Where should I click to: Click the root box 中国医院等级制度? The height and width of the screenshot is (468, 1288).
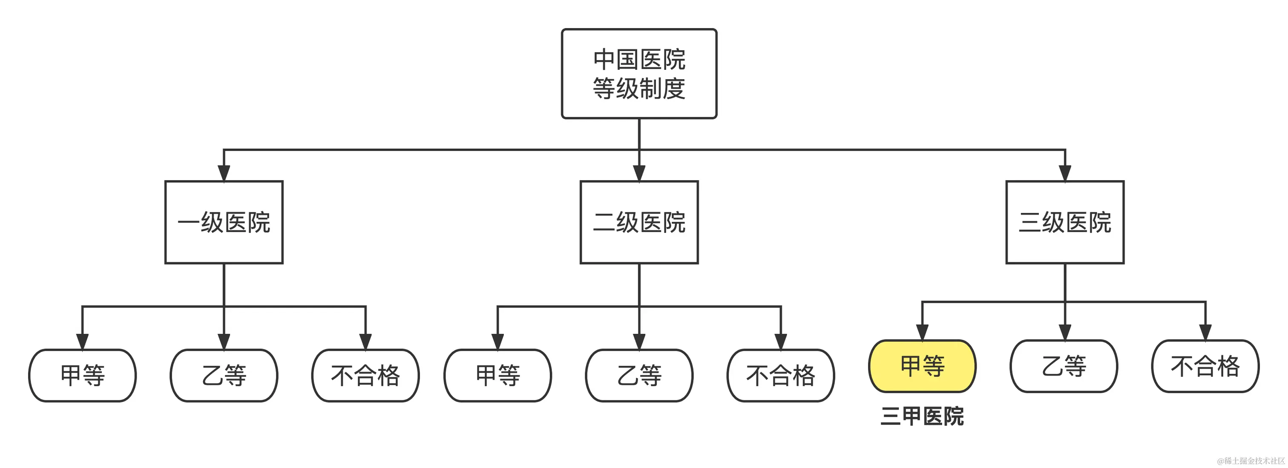click(x=639, y=74)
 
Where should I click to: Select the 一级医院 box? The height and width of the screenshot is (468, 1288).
click(x=224, y=222)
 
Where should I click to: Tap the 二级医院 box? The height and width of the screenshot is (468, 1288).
click(x=639, y=222)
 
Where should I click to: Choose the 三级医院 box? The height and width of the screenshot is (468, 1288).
click(x=1065, y=222)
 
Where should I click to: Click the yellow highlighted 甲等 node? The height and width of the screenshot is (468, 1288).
click(x=922, y=366)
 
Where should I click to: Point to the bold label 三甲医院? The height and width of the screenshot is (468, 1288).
click(x=922, y=416)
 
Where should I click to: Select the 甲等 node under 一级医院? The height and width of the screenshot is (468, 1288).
click(x=83, y=376)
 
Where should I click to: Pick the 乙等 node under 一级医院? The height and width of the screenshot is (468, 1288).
click(x=224, y=376)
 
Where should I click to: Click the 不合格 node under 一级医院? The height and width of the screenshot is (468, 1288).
click(x=365, y=376)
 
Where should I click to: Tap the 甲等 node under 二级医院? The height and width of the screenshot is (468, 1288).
click(x=497, y=376)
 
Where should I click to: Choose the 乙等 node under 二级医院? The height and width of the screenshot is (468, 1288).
click(x=639, y=376)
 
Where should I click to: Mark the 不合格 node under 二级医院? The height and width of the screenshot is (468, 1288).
click(x=780, y=376)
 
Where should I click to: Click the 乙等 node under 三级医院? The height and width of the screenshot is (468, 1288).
click(x=1064, y=366)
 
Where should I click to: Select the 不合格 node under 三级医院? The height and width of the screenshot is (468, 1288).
click(x=1205, y=366)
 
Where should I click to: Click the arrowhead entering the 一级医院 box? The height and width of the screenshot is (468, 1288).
click(x=224, y=173)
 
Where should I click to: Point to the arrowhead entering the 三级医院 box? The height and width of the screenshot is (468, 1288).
click(x=1065, y=173)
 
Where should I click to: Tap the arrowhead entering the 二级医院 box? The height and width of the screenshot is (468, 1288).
click(x=639, y=173)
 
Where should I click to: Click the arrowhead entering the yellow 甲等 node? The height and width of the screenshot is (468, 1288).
click(x=922, y=333)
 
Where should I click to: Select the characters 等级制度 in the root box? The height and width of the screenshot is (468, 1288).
click(x=639, y=89)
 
